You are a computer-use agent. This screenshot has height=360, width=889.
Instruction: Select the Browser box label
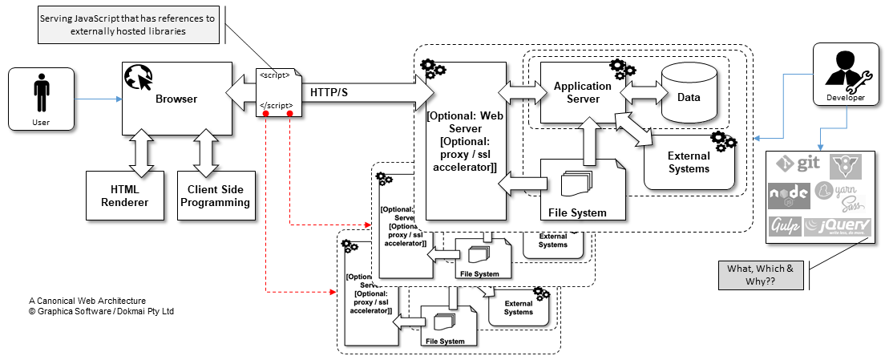pyautogui.click(x=176, y=99)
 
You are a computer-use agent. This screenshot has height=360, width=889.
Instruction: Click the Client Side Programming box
pyautogui.click(x=216, y=196)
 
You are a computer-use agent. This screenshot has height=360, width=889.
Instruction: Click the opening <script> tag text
pyautogui.click(x=274, y=76)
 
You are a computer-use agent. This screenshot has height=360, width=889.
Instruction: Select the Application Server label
pyautogui.click(x=582, y=91)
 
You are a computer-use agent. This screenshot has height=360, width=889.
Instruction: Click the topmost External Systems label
pyautogui.click(x=689, y=163)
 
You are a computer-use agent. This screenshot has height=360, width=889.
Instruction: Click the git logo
pyautogui.click(x=797, y=165)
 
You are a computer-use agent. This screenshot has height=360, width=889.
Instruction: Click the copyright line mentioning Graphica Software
pyautogui.click(x=101, y=310)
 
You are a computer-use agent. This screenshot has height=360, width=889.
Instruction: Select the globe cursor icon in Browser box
pyautogui.click(x=138, y=79)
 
